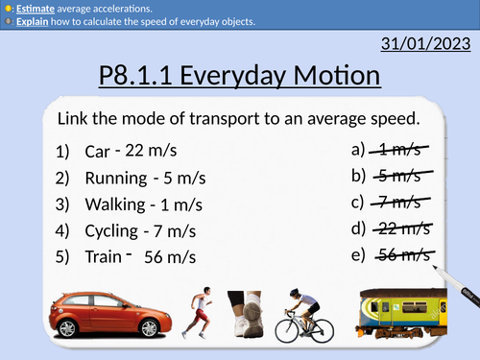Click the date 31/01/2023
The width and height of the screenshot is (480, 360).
pyautogui.click(x=423, y=43)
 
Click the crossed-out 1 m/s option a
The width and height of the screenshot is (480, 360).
pyautogui.click(x=401, y=150)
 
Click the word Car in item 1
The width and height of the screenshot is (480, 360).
pyautogui.click(x=97, y=151)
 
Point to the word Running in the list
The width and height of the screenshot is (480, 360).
pyautogui.click(x=116, y=178)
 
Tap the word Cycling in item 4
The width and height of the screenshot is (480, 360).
pyautogui.click(x=110, y=230)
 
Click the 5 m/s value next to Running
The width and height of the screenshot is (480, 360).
pyautogui.click(x=182, y=178)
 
